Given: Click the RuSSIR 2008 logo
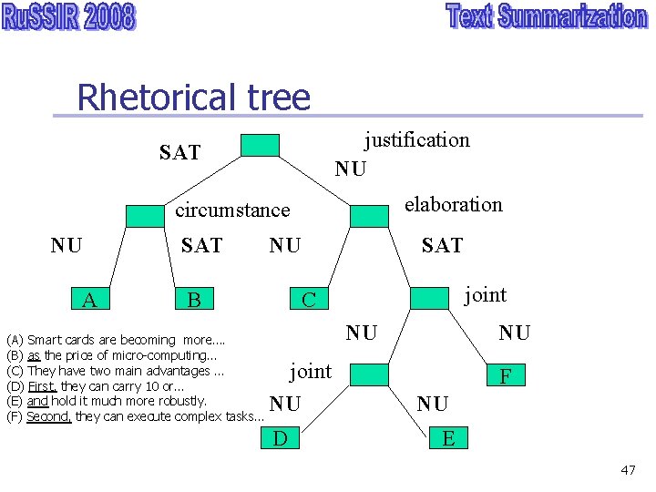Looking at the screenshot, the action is coord(68,18).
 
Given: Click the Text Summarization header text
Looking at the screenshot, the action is coord(546,17).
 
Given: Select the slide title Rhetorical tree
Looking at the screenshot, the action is coord(193,97).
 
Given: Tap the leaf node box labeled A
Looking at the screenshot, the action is coord(89,299).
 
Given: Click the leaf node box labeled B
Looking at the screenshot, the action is coord(193,299).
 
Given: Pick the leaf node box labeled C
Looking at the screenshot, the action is coord(308,299).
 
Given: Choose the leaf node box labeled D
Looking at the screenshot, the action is coord(281,439).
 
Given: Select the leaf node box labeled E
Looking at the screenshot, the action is coord(448,439).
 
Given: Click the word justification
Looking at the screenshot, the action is coord(417,139).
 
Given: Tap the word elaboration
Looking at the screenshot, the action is coord(454,204).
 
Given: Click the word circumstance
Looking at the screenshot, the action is coord(232,210).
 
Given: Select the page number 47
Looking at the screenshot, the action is coord(628,470).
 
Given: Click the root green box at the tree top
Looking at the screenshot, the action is coord(260,146).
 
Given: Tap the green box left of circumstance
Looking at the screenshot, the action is coord(144,216).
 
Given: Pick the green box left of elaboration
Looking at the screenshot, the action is coord(368,216).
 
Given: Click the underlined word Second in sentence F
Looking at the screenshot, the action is coord(48,416).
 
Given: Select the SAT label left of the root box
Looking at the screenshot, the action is coord(179,152).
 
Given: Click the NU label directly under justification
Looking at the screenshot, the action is coord(351,169).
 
